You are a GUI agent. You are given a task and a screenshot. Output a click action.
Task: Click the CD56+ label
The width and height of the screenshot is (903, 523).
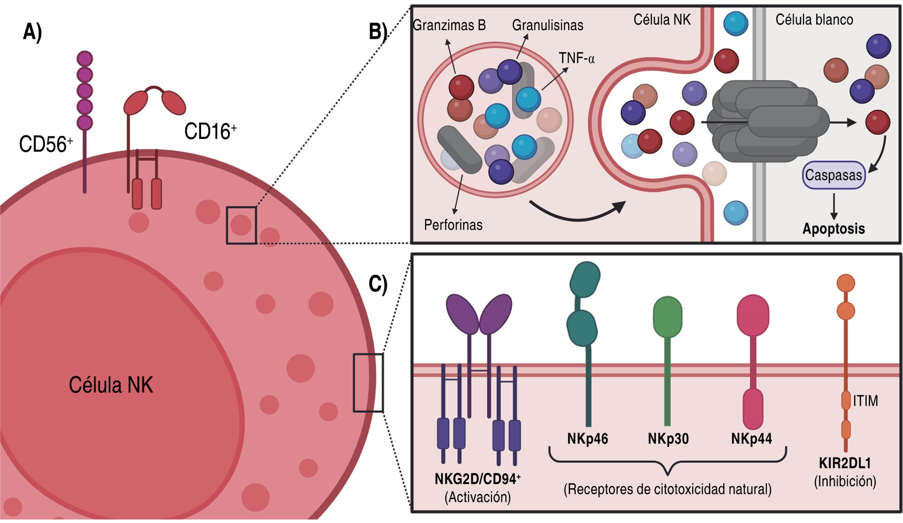45,145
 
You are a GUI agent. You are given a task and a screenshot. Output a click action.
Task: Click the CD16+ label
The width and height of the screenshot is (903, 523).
210,132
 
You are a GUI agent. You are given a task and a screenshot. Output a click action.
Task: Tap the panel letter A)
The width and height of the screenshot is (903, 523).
32,32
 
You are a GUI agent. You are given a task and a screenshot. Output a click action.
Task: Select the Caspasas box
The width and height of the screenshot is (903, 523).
834,175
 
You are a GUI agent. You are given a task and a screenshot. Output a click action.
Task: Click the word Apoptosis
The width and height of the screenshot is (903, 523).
834,228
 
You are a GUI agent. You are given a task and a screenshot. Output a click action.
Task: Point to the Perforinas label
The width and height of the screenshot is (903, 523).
453,225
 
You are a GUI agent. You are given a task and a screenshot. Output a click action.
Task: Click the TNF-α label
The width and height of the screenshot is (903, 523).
576,58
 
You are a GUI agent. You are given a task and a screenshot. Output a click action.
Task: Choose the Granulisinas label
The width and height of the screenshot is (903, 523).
547,25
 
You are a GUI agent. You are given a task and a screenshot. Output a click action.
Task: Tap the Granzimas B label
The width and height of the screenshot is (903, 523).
449,25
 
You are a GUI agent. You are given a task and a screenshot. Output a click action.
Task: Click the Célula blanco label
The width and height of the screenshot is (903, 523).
814,20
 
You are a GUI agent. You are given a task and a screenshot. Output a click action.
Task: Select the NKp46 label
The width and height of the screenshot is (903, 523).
588,439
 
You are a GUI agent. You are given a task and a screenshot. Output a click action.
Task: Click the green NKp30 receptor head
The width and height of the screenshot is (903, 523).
668,317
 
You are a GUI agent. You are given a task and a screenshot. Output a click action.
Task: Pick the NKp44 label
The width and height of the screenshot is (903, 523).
751,439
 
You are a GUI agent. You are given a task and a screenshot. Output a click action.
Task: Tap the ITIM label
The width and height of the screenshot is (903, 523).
865,401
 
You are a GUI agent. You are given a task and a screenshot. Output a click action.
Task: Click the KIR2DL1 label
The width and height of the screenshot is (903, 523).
845,463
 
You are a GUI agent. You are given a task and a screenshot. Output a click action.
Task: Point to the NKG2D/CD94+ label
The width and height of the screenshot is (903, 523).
477,479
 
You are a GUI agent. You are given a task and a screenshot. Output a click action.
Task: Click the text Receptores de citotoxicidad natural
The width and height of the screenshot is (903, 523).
667,489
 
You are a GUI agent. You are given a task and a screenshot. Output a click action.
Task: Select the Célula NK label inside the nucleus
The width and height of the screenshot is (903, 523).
111,385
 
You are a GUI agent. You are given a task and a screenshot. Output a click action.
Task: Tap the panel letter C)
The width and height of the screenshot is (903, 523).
378,283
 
